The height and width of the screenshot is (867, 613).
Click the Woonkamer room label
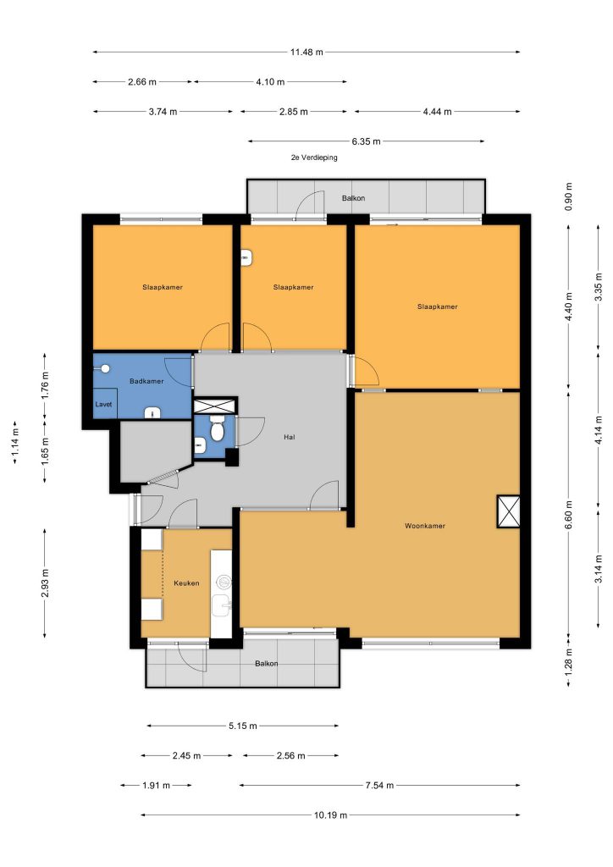click(x=424, y=526)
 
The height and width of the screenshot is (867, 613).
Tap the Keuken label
click(x=186, y=583)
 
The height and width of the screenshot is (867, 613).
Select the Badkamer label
click(x=146, y=381)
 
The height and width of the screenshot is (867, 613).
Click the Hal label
click(x=289, y=437)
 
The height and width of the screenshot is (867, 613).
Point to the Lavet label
click(x=103, y=404)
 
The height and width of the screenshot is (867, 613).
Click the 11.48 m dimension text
click(x=306, y=52)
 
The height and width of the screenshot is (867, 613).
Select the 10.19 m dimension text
click(x=330, y=815)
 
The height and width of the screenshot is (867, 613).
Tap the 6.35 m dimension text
click(x=366, y=141)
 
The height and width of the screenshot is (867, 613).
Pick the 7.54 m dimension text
click(x=379, y=785)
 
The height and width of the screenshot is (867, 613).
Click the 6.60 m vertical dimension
click(x=569, y=514)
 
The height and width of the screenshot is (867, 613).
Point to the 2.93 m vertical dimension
click(x=45, y=583)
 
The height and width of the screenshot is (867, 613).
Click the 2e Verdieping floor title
click(x=314, y=157)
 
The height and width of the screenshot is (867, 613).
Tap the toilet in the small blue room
click(x=217, y=431)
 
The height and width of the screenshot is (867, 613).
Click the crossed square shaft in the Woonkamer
click(x=509, y=511)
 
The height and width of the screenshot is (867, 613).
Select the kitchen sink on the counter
click(x=224, y=604)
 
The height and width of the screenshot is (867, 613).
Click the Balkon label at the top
click(x=353, y=198)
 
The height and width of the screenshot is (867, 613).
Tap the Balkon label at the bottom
click(x=267, y=664)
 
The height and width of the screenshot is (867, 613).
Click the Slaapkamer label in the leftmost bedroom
click(x=163, y=287)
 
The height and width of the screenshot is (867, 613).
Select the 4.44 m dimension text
click(x=437, y=112)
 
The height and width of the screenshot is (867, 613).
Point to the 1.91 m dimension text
click(x=156, y=785)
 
